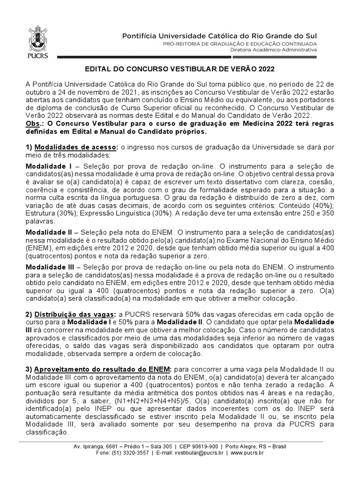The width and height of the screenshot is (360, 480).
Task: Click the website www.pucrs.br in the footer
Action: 247,453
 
